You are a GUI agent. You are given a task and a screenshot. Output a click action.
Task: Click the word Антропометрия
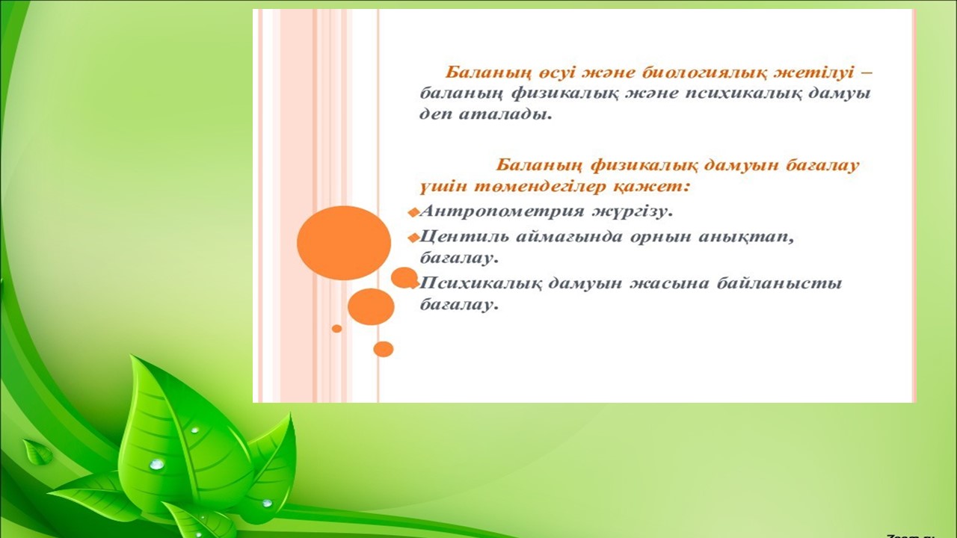[502, 211]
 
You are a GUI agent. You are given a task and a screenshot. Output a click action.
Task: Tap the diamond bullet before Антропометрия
[413, 212]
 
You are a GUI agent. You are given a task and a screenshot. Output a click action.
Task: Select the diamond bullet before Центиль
[413, 238]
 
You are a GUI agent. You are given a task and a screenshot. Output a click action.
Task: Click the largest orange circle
[344, 243]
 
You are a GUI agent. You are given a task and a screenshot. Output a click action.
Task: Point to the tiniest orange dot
[336, 328]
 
